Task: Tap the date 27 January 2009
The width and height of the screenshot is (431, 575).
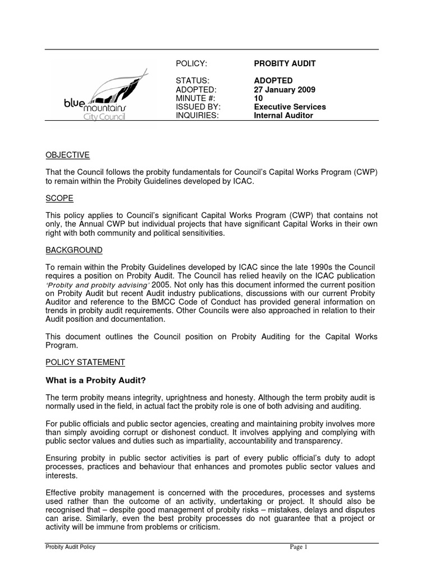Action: coord(285,89)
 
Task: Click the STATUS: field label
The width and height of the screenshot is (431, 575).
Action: coord(191,81)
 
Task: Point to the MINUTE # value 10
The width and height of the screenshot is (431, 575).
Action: coord(259,98)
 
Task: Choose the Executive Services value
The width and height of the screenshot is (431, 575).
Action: coord(290,107)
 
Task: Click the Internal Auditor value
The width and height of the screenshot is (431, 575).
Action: coord(283,115)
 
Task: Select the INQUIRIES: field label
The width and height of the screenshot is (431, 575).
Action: coord(196,115)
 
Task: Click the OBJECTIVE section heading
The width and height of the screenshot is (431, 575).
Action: coord(67,155)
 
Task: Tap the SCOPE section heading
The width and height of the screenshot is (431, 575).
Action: coord(59,199)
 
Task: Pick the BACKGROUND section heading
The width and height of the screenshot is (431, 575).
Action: coord(74,250)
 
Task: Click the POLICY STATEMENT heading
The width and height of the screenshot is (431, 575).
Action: coord(85,362)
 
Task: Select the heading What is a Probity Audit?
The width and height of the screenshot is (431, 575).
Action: coord(95,380)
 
